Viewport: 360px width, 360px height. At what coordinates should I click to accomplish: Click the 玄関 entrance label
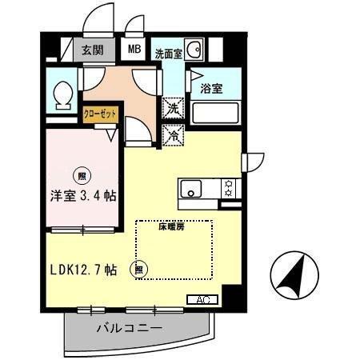click(94, 50)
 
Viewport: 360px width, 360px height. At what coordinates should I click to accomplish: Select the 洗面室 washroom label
click(168, 54)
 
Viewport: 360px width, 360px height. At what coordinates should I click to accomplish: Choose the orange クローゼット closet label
click(101, 114)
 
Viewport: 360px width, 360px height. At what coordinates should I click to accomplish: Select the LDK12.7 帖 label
click(84, 270)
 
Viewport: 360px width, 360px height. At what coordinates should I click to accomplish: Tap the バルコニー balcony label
click(130, 328)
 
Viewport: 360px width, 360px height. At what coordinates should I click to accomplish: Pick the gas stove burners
click(229, 189)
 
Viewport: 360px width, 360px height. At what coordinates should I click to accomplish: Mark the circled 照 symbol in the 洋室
click(81, 172)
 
